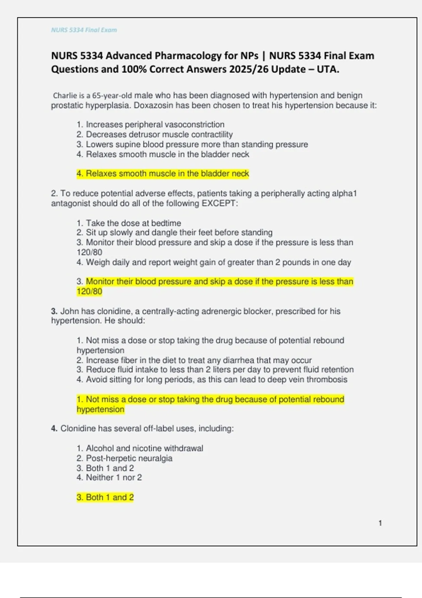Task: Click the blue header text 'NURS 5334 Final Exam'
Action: pos(84,30)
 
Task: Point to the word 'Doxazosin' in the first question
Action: pos(154,106)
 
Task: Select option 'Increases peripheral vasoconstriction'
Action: pos(155,125)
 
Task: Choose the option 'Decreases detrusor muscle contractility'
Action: pos(159,134)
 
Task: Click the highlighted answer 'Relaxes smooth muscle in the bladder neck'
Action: pos(167,174)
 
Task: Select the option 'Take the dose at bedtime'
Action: pos(133,223)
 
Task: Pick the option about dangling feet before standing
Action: pos(179,233)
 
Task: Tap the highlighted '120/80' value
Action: pos(89,292)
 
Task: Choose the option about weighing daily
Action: pos(218,262)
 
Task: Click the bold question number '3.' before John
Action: pos(54,311)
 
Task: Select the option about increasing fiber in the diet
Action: pos(199,360)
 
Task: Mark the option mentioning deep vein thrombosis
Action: pos(216,380)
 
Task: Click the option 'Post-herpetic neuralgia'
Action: pos(129,458)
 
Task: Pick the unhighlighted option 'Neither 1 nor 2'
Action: pos(114,478)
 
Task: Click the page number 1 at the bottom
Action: pos(380,523)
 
